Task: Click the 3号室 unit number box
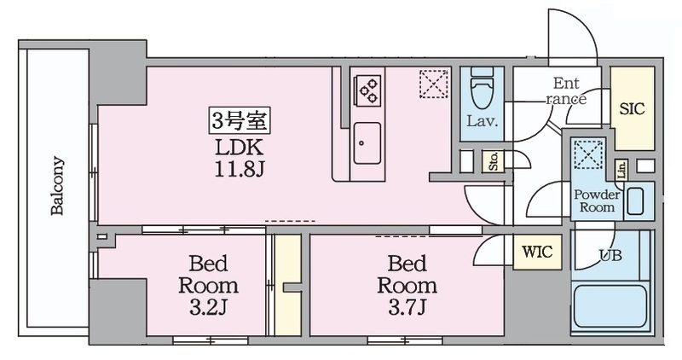(x=240, y=120)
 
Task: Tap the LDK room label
(x=240, y=148)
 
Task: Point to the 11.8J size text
(x=240, y=169)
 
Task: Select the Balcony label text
(x=57, y=186)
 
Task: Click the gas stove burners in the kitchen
(x=367, y=90)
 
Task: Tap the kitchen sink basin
(x=367, y=143)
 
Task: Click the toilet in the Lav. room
(x=482, y=89)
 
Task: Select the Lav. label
(x=482, y=121)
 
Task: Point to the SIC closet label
(x=632, y=109)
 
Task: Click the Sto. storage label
(x=494, y=161)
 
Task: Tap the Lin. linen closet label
(x=621, y=170)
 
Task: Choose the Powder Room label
(x=598, y=200)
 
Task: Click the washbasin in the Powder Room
(x=635, y=200)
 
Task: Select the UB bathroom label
(x=610, y=256)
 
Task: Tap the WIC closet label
(x=537, y=252)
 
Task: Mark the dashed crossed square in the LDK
(x=434, y=84)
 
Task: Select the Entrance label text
(x=566, y=91)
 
